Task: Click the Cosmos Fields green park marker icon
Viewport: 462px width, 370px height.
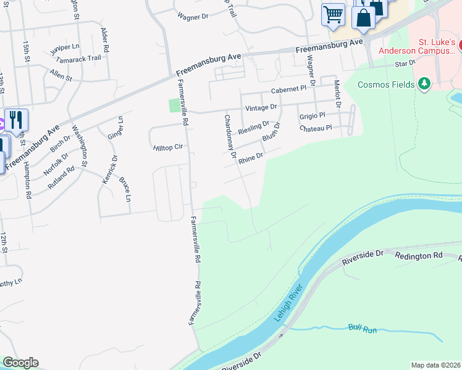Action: (424, 83)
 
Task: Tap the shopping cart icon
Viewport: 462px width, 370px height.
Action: (333, 14)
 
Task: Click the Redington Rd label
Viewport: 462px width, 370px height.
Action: (419, 255)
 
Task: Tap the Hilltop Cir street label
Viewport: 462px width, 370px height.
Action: (168, 147)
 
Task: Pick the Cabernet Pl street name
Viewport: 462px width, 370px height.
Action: (288, 89)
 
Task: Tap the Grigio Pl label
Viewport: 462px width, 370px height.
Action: (311, 116)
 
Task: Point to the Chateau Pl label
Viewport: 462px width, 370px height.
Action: (316, 128)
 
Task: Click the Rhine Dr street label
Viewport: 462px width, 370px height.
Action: (251, 158)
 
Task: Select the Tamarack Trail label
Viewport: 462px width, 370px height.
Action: (78, 58)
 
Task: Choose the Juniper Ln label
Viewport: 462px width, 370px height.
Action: (65, 46)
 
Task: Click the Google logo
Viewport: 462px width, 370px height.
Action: (20, 363)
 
